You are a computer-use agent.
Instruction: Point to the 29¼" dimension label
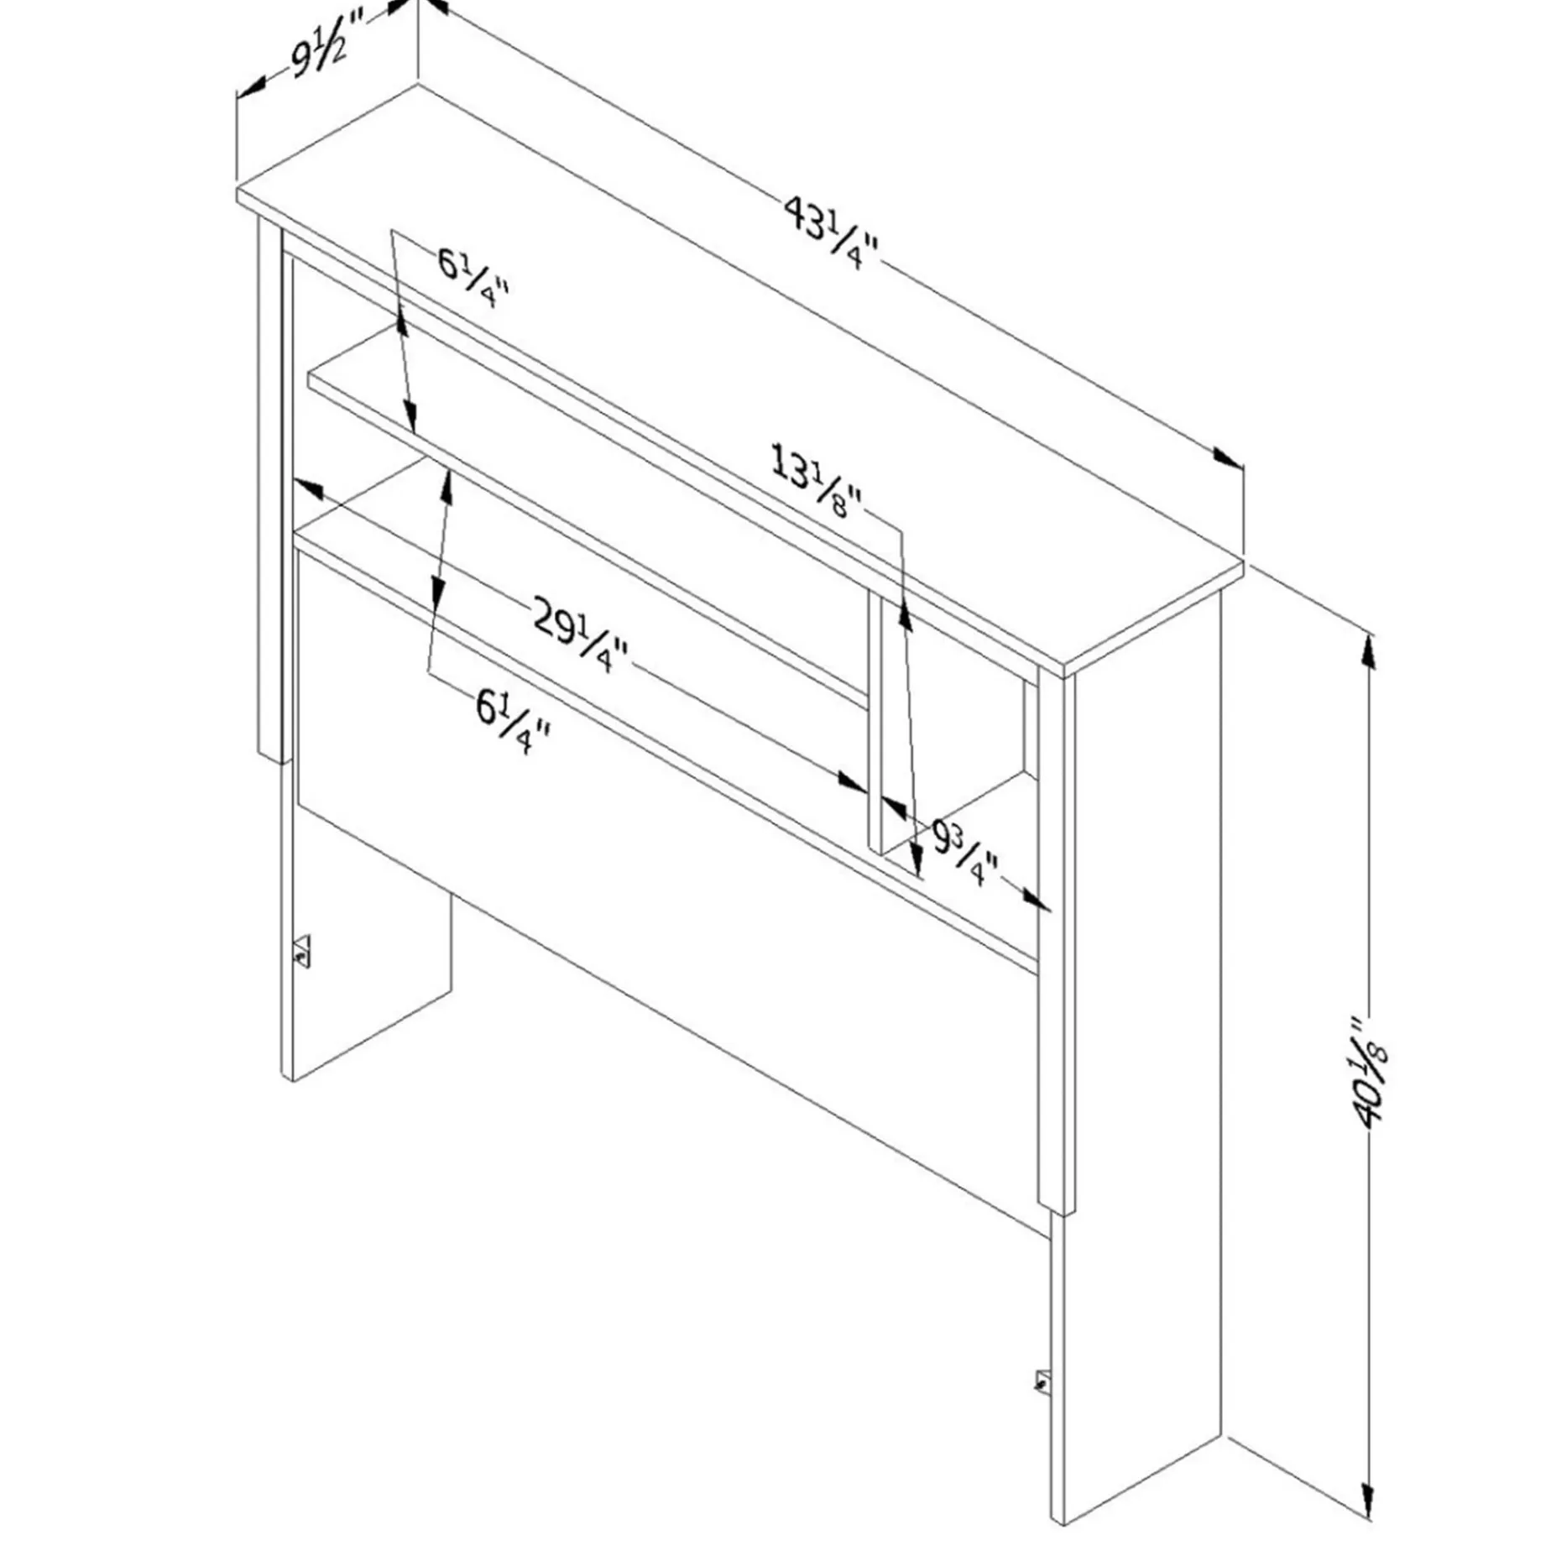[580, 631]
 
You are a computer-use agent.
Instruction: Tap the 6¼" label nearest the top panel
[473, 278]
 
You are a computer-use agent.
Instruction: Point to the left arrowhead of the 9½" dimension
[252, 86]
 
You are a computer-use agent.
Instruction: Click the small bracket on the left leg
[301, 952]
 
